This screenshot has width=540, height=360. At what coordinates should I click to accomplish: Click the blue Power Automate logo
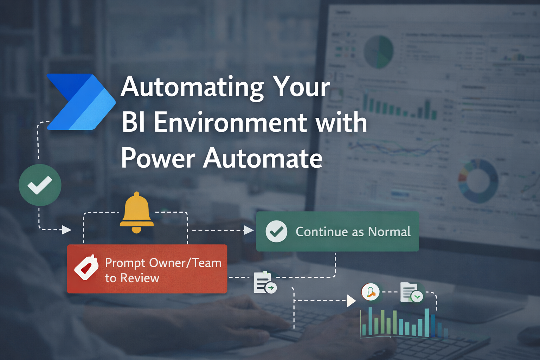point(81,102)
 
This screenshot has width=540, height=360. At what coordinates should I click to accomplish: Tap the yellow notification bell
point(136,212)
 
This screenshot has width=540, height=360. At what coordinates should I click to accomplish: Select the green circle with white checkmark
point(40,185)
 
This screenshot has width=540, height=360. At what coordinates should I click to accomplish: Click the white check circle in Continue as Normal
point(276,231)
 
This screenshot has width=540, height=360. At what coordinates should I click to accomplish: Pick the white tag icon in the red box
point(86,267)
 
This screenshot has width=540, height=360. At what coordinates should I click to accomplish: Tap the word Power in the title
point(158,158)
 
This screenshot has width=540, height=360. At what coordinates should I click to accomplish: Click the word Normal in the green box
point(389,232)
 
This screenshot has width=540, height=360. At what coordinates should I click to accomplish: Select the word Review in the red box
point(140,278)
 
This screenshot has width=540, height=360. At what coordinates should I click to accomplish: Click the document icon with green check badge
point(411,292)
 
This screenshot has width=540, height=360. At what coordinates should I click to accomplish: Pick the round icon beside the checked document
point(371,292)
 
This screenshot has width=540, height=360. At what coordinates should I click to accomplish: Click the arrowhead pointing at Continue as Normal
point(249,230)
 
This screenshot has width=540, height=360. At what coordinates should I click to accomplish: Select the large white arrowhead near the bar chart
point(351,301)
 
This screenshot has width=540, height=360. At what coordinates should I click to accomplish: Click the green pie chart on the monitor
point(378,52)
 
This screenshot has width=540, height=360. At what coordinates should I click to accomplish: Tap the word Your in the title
point(302,87)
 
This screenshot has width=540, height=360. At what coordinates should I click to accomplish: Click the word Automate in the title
point(263,158)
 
